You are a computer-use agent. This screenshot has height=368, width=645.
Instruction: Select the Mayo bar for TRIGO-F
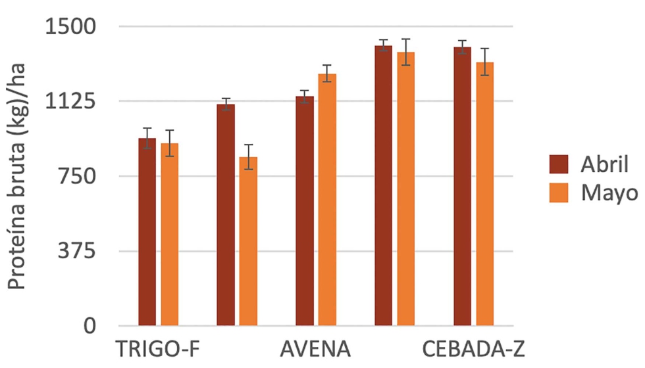point(170,234)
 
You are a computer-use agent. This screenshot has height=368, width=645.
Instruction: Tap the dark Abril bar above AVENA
point(305,210)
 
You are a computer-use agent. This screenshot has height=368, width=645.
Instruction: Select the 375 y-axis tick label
point(78,251)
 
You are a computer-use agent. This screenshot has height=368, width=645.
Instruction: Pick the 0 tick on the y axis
point(90,326)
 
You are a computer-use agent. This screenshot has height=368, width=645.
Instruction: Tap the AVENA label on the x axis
point(314,348)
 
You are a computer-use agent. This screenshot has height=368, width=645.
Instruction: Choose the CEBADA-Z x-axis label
point(473,348)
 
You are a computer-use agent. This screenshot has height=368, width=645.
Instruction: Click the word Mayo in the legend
point(609,193)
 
